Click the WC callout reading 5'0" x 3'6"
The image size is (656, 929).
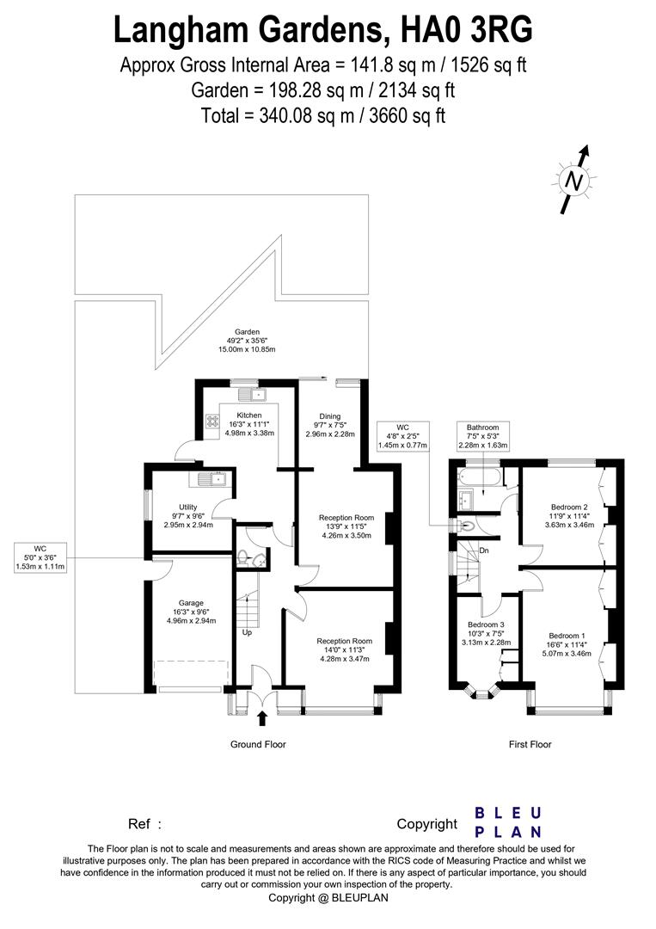click(40, 557)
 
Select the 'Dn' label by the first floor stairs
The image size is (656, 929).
click(484, 551)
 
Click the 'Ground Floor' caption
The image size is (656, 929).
click(258, 745)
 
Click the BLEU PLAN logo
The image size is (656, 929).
click(508, 822)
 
